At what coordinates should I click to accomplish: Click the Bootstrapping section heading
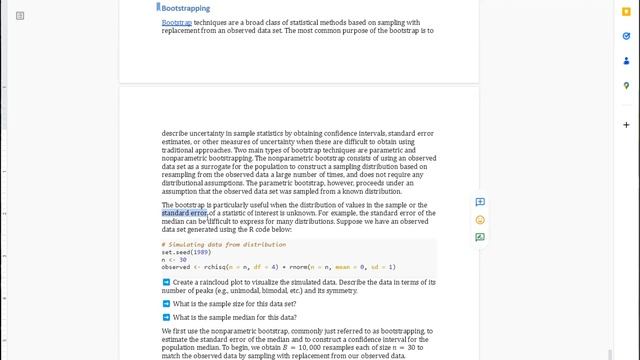click(x=186, y=8)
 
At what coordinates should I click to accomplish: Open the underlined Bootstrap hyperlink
click(x=177, y=22)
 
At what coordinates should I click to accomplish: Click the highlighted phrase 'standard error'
click(x=185, y=213)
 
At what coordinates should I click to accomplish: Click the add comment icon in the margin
click(x=480, y=202)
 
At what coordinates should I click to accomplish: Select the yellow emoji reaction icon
click(x=480, y=220)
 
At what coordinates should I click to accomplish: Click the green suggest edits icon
click(x=480, y=237)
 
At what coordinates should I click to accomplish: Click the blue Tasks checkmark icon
click(x=626, y=36)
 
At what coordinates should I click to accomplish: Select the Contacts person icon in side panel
click(x=626, y=60)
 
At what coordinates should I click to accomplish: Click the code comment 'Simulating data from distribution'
click(x=225, y=244)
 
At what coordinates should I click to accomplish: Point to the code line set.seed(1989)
click(x=186, y=252)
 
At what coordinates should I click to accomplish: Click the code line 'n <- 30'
click(x=175, y=260)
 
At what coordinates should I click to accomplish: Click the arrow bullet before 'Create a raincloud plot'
click(x=166, y=283)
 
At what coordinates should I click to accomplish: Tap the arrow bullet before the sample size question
click(x=166, y=303)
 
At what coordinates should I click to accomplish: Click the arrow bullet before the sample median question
click(x=166, y=317)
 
